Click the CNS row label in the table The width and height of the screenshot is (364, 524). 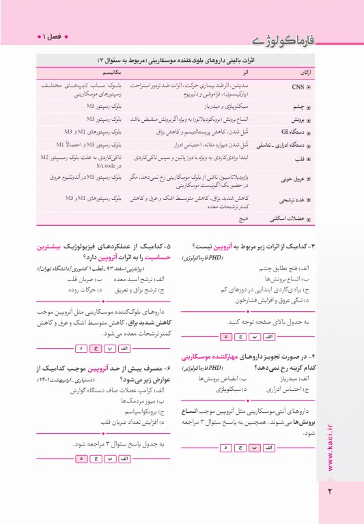(298, 87)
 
